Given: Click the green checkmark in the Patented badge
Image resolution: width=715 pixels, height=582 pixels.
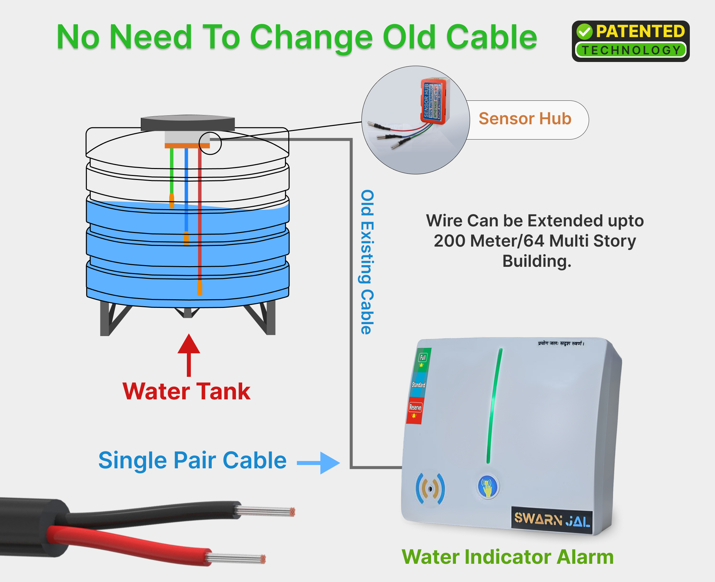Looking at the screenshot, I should pos(584,31).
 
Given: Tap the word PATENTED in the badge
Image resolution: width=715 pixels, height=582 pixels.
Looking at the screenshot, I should pos(640,31).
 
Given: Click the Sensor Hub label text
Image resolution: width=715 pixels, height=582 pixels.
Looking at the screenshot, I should pos(525,119).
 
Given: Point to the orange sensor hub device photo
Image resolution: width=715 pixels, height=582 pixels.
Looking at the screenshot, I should pos(435,101).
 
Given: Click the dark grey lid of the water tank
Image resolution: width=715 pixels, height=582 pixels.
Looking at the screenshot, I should pos(188,123).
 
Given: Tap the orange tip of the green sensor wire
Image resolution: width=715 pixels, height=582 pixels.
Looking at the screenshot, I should pos(172,201).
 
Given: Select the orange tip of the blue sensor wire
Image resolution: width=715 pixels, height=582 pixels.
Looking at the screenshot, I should pos(186,238).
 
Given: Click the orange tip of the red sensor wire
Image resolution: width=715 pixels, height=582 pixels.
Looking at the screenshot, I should pos(200,288).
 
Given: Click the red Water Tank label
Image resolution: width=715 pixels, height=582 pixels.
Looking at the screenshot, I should pos(186,391).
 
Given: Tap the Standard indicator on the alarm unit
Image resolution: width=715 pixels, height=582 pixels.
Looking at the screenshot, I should pos(418,385).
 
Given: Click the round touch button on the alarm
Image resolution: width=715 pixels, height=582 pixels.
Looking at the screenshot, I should pos(488,487).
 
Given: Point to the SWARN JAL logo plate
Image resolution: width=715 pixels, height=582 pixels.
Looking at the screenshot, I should pos(552,521).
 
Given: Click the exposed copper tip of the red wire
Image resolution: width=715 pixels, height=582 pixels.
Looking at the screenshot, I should pos(263,559).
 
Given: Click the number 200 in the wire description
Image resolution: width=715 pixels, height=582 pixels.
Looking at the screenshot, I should pos(449,241).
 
